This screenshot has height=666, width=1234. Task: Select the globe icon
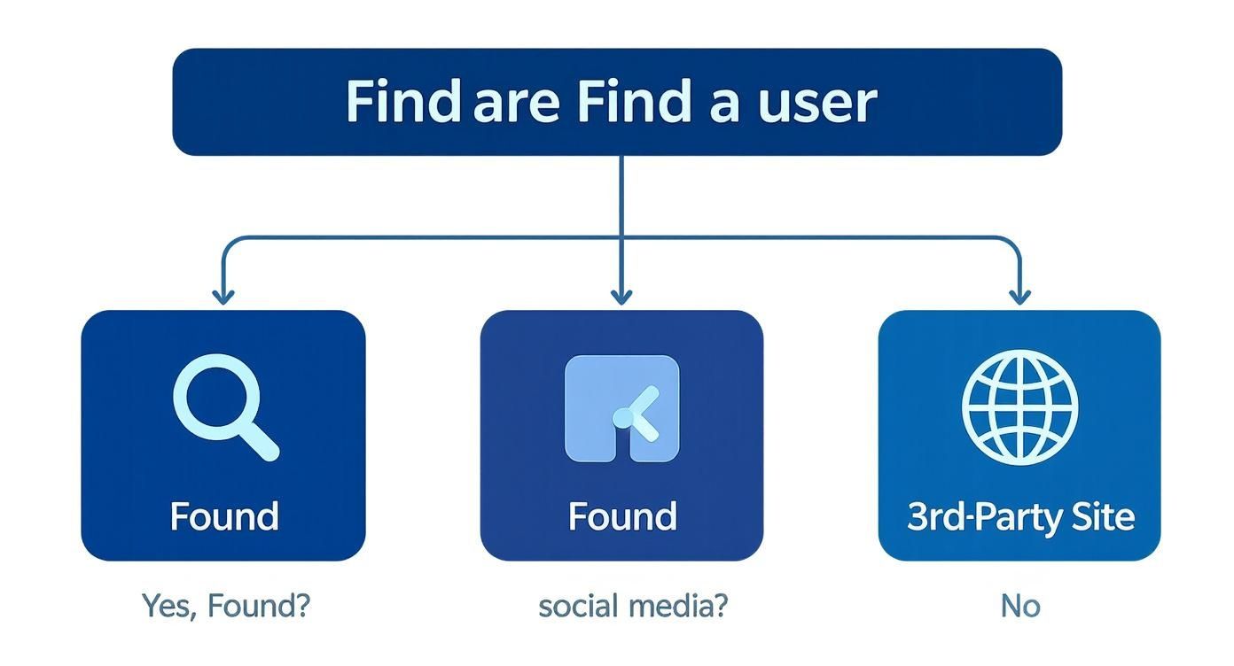coord(1019,407)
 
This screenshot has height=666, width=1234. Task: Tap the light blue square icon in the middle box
coord(621,409)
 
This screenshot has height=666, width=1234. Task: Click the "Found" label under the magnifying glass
coord(223,516)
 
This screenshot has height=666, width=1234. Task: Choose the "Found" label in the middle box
coord(621,516)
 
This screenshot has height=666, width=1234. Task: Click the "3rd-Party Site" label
coord(1019,516)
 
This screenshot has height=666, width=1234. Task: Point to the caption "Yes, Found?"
coord(226,607)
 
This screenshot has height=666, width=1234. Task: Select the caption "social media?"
coord(632,607)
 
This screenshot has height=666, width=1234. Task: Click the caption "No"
coord(1019,607)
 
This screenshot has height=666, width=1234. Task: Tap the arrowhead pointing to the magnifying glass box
coord(223,296)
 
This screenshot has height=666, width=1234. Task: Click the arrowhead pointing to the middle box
coord(621,296)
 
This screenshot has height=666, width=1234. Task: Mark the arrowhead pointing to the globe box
coord(1019,296)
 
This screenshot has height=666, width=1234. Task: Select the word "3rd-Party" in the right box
coord(982,516)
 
